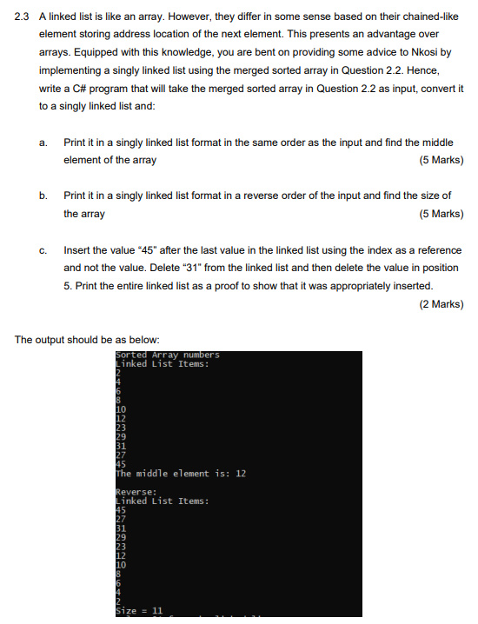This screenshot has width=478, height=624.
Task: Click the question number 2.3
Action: (23, 17)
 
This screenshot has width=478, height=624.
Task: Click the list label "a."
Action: (43, 143)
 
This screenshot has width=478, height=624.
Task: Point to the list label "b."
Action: (43, 196)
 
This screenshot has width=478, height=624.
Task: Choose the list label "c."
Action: (43, 250)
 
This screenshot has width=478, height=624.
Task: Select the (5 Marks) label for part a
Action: (440, 160)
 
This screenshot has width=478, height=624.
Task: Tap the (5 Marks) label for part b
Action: (440, 214)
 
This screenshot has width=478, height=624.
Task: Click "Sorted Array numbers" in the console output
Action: (168, 355)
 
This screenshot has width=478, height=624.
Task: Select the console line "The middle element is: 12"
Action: (181, 474)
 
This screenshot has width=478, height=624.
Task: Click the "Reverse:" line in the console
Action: (136, 492)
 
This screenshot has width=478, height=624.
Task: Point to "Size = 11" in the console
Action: (139, 611)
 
